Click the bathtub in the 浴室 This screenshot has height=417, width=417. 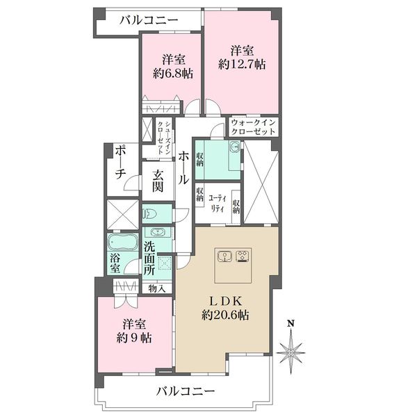[123, 245]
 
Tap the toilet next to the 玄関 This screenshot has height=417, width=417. [153, 213]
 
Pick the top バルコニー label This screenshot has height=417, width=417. [147, 19]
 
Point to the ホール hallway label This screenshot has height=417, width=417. [183, 168]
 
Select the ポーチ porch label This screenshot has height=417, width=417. [120, 165]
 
